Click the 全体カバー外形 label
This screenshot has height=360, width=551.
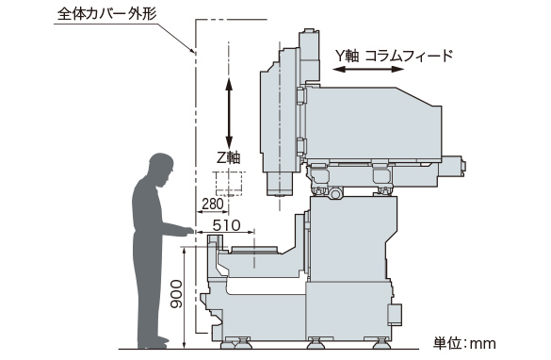pos(106,14)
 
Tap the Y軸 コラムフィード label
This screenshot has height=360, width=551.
pos(394,56)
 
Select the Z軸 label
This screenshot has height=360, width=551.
pos(229,157)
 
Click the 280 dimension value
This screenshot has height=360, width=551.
pos(213,204)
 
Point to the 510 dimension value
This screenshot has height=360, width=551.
pos(227,225)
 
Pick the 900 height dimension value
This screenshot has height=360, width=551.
pos(176,294)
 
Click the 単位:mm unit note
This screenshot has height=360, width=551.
pos(464,343)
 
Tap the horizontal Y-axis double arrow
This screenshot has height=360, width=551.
pos(368,69)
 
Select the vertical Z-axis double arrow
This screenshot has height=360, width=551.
pos(229,113)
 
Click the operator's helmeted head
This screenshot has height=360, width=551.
pos(161,168)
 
